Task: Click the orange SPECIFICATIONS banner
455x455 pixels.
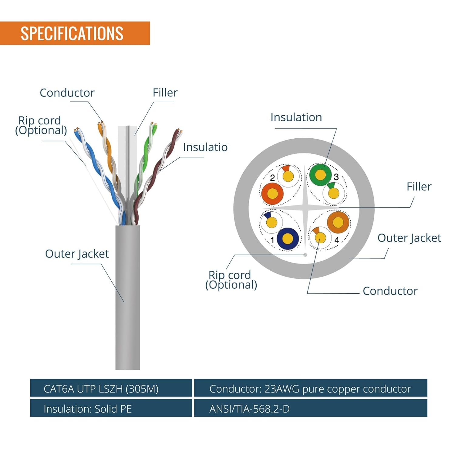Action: click(x=75, y=33)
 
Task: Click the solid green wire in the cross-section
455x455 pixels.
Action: click(x=320, y=174)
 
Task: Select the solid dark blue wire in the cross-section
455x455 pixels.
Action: click(x=288, y=238)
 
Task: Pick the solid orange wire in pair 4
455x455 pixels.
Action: click(x=338, y=222)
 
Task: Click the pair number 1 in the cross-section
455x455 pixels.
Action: click(x=272, y=240)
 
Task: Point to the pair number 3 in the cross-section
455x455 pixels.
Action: click(x=336, y=177)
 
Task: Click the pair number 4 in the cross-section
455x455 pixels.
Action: click(x=337, y=240)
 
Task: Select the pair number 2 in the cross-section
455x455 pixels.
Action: click(x=272, y=178)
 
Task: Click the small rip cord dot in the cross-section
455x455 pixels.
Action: click(x=305, y=254)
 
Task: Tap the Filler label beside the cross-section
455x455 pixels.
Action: click(x=419, y=187)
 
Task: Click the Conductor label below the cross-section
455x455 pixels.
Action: click(x=390, y=291)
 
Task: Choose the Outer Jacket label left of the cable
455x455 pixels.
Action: click(x=77, y=254)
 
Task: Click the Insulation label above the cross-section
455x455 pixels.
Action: click(x=296, y=117)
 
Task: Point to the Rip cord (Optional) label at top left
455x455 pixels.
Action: click(x=41, y=125)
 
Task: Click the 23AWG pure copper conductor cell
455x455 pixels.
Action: click(x=310, y=389)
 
